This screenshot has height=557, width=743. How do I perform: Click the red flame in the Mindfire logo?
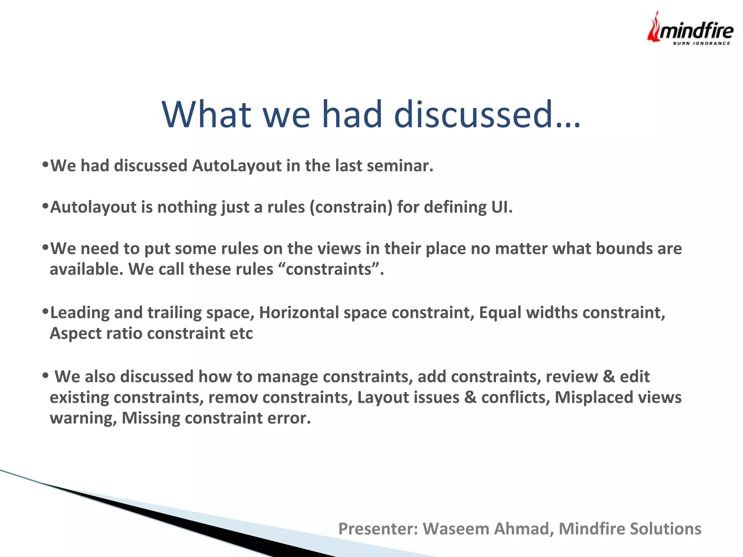654,28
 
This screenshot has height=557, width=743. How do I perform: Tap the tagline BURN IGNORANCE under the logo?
701,44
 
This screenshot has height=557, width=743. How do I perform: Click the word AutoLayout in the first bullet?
237,166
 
